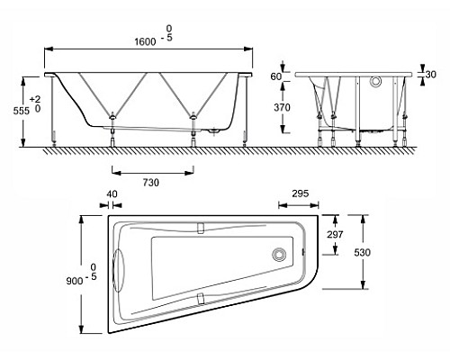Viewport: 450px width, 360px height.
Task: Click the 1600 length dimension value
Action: (x=145, y=41)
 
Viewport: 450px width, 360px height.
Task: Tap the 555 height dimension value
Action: (x=22, y=111)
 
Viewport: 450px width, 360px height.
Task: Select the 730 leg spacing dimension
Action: (x=151, y=183)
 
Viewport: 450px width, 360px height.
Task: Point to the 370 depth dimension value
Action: (x=282, y=107)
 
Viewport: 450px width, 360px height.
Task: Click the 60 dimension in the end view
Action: (x=276, y=76)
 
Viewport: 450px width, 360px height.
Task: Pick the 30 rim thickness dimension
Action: (x=430, y=74)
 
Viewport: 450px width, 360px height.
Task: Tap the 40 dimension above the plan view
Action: (x=112, y=193)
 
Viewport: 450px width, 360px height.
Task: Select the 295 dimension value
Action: (x=301, y=193)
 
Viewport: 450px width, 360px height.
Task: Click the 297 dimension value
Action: (x=335, y=234)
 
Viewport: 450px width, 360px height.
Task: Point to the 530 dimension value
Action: (x=363, y=253)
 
